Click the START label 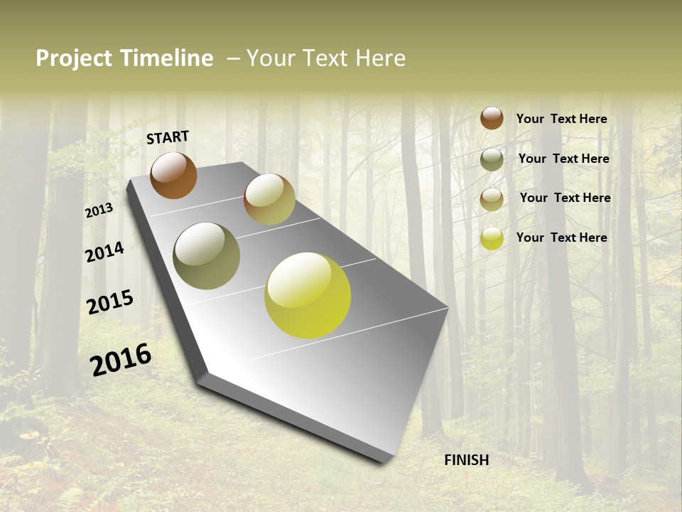click(x=168, y=137)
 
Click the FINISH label click(x=467, y=460)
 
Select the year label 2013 click(x=99, y=210)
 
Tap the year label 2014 click(x=104, y=252)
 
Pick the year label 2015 click(x=110, y=302)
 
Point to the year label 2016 click(x=121, y=359)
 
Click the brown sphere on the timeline click(x=174, y=176)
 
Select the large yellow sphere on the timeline click(x=308, y=295)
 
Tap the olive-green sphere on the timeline click(x=207, y=256)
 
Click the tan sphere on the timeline click(x=269, y=199)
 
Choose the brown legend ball click(x=492, y=118)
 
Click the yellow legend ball click(x=492, y=238)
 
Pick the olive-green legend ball click(x=492, y=159)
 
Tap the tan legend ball click(x=492, y=199)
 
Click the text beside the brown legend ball click(x=561, y=119)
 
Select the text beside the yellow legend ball click(x=561, y=238)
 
